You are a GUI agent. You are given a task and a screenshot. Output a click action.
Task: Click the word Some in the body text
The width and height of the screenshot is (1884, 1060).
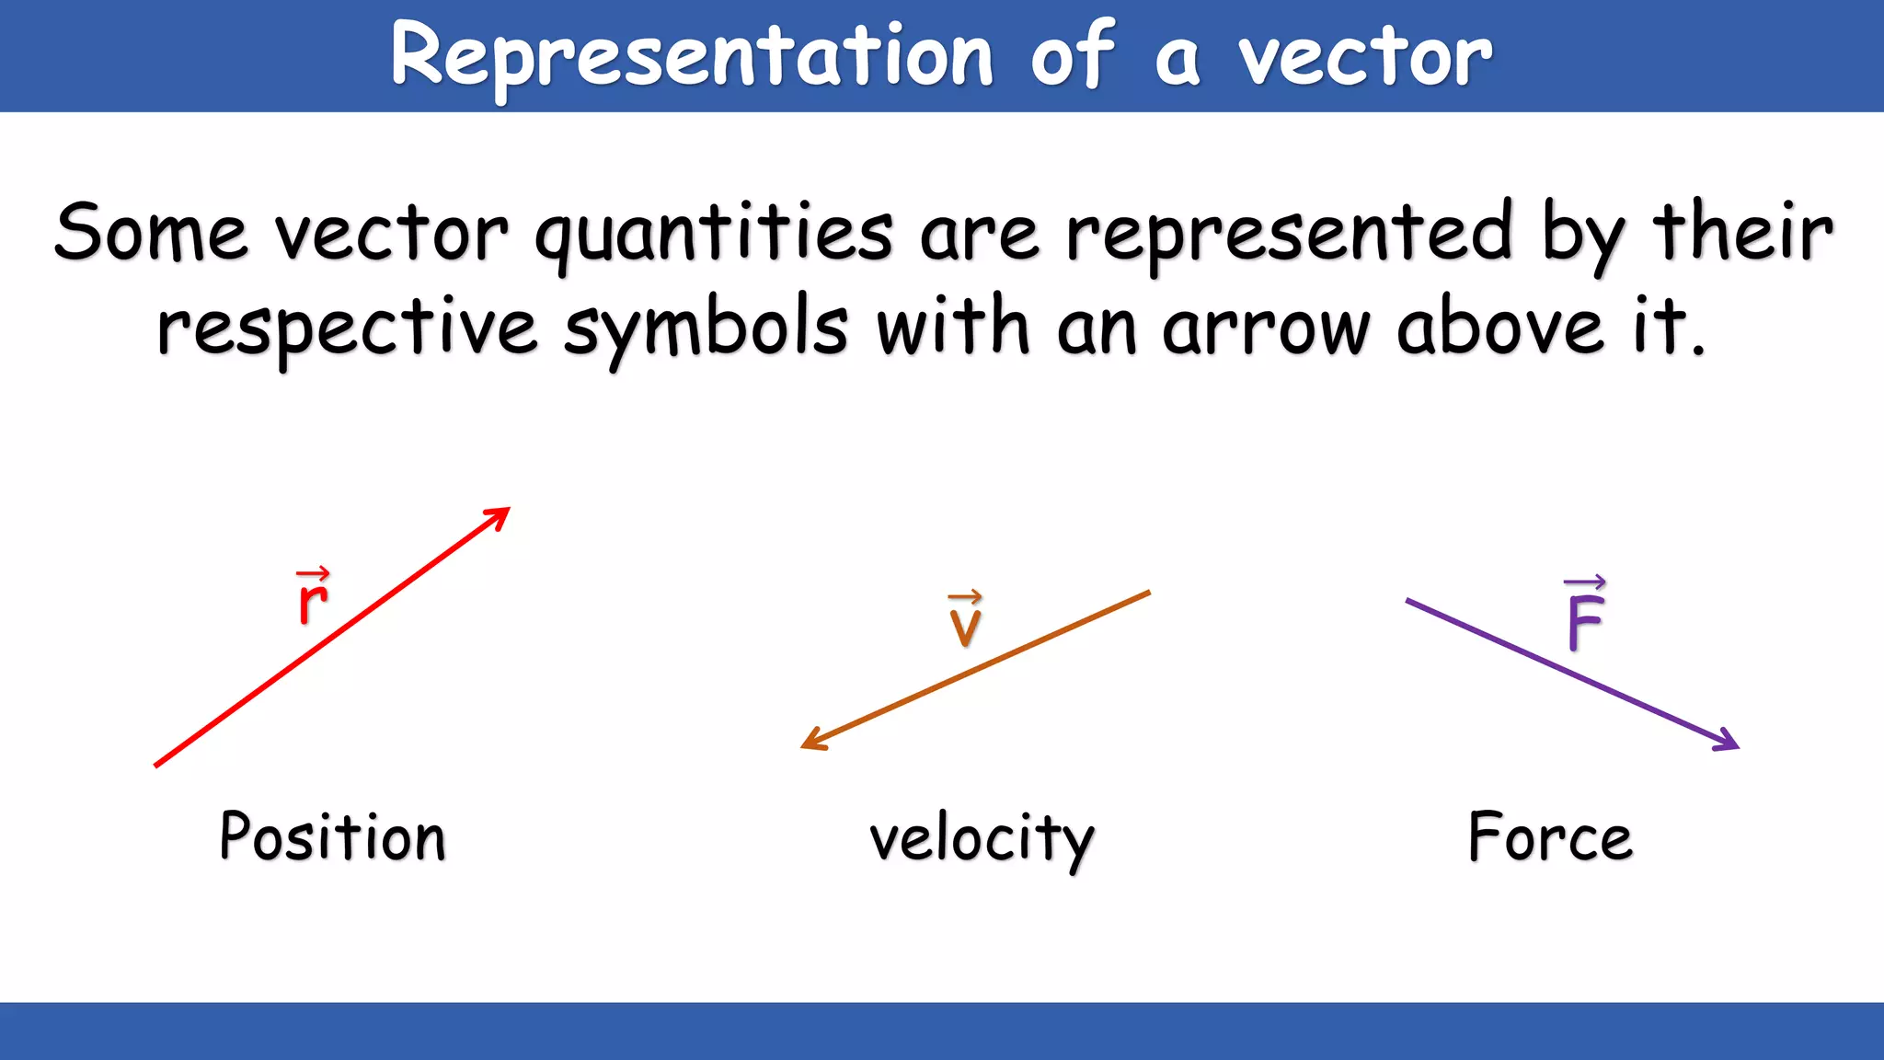click(151, 232)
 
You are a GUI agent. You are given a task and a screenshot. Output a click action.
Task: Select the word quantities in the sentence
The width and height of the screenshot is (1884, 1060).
click(714, 235)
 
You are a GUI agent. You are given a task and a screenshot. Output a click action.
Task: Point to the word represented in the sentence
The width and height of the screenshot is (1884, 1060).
click(1288, 235)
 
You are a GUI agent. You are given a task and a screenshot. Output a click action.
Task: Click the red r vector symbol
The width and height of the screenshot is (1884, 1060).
click(313, 597)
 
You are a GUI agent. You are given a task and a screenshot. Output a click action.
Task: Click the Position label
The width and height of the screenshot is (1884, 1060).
click(332, 836)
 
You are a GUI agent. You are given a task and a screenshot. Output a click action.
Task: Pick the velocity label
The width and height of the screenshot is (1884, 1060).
click(982, 838)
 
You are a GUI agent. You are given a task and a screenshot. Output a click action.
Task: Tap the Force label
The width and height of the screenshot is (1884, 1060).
click(1550, 836)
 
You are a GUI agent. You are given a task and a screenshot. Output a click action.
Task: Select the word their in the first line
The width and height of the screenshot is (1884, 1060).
click(1743, 232)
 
